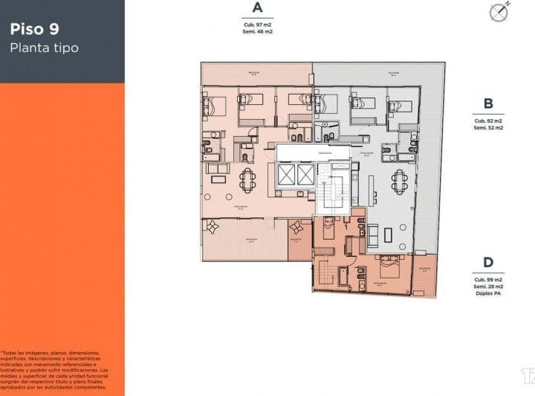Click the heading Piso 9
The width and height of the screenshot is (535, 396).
(35, 30)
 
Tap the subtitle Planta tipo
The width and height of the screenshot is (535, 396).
(44, 48)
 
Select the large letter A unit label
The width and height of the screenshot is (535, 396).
(257, 8)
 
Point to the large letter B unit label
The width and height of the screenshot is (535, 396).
(488, 104)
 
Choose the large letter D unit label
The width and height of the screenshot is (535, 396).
(488, 262)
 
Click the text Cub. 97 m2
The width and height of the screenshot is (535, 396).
(257, 24)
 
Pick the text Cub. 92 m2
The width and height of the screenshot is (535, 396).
(488, 121)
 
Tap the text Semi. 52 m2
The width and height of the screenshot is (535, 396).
(488, 127)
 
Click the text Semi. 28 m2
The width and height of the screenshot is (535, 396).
(488, 287)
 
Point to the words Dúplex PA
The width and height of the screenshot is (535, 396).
(488, 293)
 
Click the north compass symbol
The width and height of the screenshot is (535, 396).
(497, 12)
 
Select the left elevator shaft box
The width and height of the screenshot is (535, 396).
(285, 176)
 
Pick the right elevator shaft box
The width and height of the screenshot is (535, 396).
(305, 176)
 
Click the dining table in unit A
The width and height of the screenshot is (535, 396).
(247, 179)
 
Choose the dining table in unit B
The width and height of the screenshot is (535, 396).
(401, 180)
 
